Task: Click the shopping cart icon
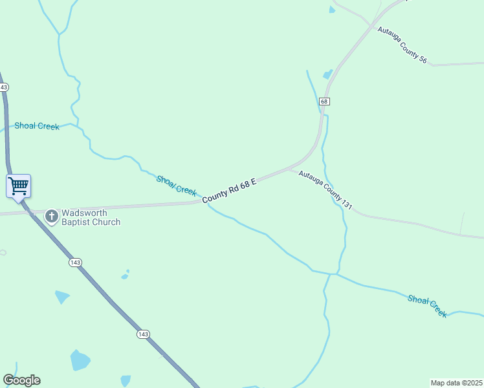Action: [x=18, y=186]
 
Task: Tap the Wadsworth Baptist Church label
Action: [x=91, y=217]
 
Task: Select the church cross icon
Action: [x=52, y=216]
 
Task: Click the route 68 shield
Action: [x=325, y=102]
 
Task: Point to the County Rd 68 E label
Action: [x=230, y=192]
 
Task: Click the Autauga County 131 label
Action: [x=325, y=190]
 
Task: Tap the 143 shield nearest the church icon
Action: [x=75, y=262]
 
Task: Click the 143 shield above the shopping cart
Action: [x=4, y=87]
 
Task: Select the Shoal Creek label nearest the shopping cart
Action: [x=37, y=126]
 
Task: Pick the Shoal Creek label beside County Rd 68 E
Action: [x=176, y=186]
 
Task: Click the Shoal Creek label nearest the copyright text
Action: [x=427, y=305]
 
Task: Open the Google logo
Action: [x=21, y=380]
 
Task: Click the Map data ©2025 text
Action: [x=457, y=382]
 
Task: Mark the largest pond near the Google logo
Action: [x=80, y=360]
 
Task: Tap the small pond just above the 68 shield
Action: [x=328, y=74]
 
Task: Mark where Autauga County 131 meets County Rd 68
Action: [x=291, y=169]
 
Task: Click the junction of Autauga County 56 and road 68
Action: [x=371, y=26]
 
